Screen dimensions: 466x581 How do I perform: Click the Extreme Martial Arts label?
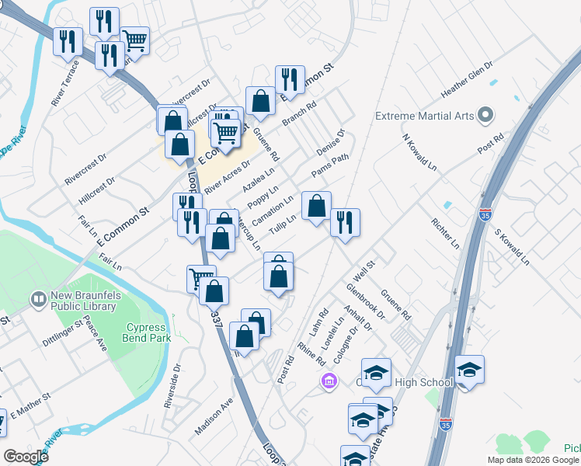click(424, 116)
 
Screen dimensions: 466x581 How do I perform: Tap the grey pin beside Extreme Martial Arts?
click(486, 116)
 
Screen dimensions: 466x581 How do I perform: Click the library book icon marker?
click(37, 298)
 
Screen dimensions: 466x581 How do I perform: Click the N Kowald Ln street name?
click(419, 152)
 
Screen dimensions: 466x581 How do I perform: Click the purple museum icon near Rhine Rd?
click(329, 381)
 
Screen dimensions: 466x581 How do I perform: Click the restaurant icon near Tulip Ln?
click(344, 222)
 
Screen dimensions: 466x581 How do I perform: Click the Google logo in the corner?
click(26, 457)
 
